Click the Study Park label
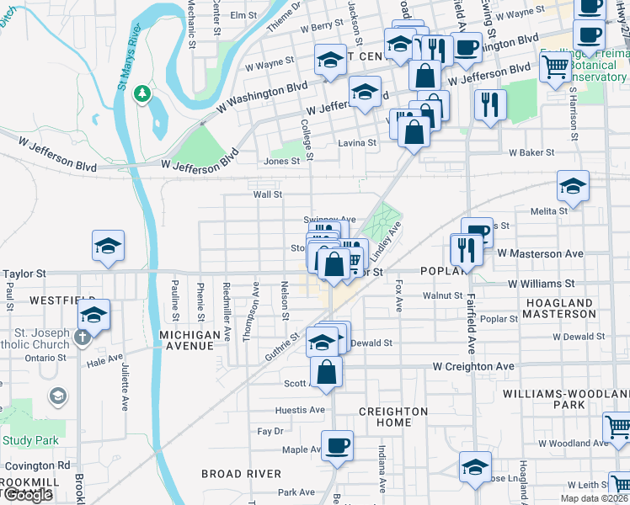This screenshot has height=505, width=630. (x=30, y=439)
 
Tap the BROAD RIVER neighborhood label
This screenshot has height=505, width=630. (x=241, y=473)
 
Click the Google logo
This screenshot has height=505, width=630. (x=27, y=495)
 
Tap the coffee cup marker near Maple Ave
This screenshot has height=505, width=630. (x=337, y=445)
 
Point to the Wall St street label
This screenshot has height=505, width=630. (x=267, y=194)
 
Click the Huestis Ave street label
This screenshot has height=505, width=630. (x=299, y=410)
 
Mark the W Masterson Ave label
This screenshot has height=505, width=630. (x=540, y=253)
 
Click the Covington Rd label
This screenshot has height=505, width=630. (x=36, y=465)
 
